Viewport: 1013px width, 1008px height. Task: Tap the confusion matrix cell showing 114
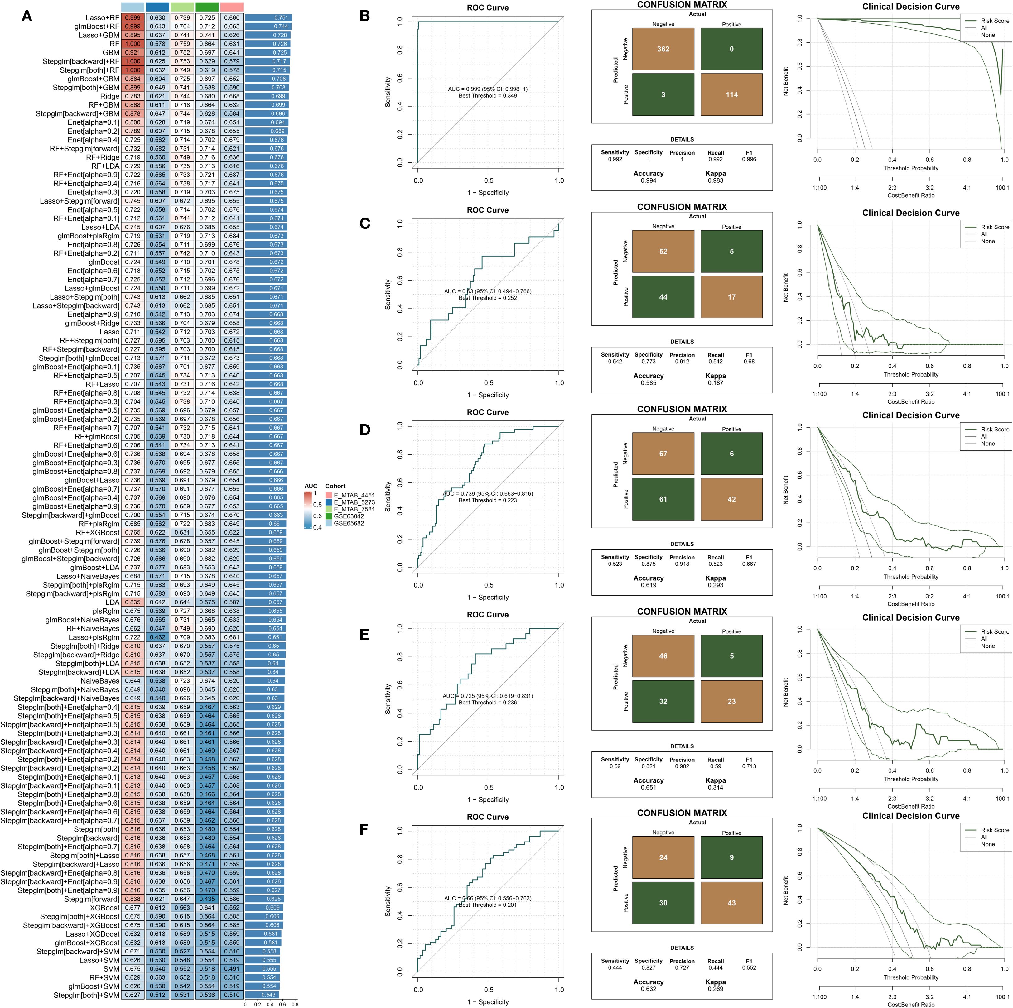731,95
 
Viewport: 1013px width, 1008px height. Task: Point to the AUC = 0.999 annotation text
488,89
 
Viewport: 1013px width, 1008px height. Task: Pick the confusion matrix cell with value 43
731,903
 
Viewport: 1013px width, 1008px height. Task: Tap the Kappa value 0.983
715,181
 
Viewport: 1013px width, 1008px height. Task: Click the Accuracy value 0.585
649,383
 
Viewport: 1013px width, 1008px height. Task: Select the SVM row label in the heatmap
111,969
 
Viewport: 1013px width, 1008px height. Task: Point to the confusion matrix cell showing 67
663,454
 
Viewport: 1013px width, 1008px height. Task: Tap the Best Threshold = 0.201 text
488,905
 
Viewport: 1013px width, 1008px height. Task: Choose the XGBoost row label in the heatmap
104,907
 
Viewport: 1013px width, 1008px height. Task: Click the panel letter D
364,430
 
